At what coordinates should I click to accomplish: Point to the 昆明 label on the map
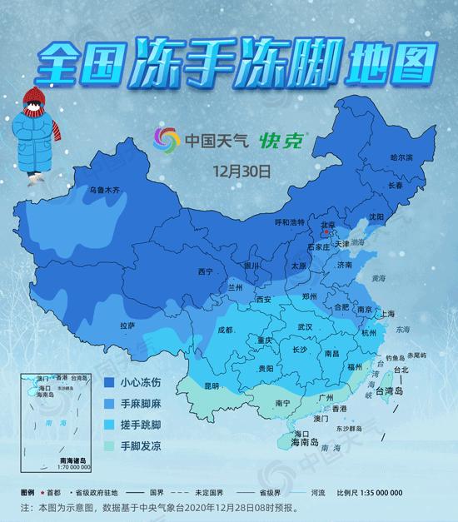(x=212, y=385)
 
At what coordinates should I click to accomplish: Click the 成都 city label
(x=225, y=330)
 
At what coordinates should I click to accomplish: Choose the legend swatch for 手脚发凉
(x=108, y=446)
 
